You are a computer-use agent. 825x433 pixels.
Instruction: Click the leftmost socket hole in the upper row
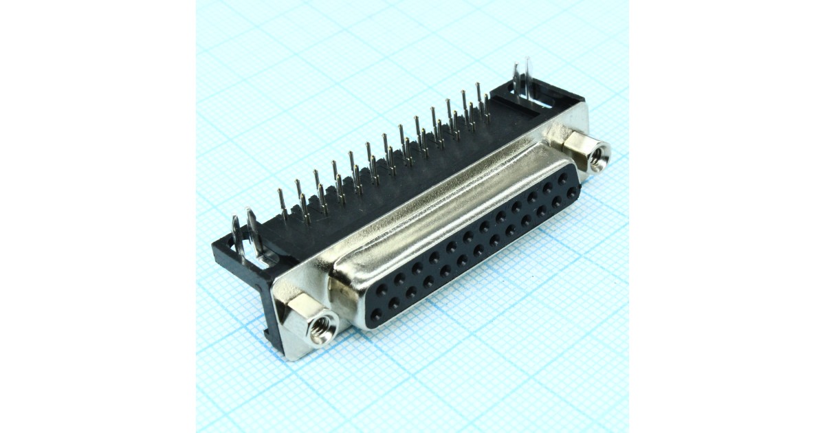[381, 289]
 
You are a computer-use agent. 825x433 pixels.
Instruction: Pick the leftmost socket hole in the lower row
[375, 315]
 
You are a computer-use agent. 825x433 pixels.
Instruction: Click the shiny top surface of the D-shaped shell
[440, 206]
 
